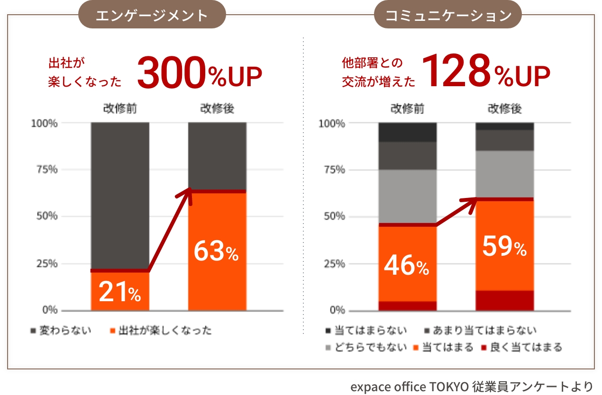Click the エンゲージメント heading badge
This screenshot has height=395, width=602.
coord(152,15)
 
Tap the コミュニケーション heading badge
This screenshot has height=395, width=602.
coord(448,15)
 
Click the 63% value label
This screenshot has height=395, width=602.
coord(216,251)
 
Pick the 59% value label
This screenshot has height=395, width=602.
coord(504,247)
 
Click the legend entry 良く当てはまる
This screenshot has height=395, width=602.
coord(521,347)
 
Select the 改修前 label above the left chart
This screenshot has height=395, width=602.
coord(120,109)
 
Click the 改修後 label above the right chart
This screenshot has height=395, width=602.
coord(504,109)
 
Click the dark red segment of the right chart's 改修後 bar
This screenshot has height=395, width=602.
coord(504,300)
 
